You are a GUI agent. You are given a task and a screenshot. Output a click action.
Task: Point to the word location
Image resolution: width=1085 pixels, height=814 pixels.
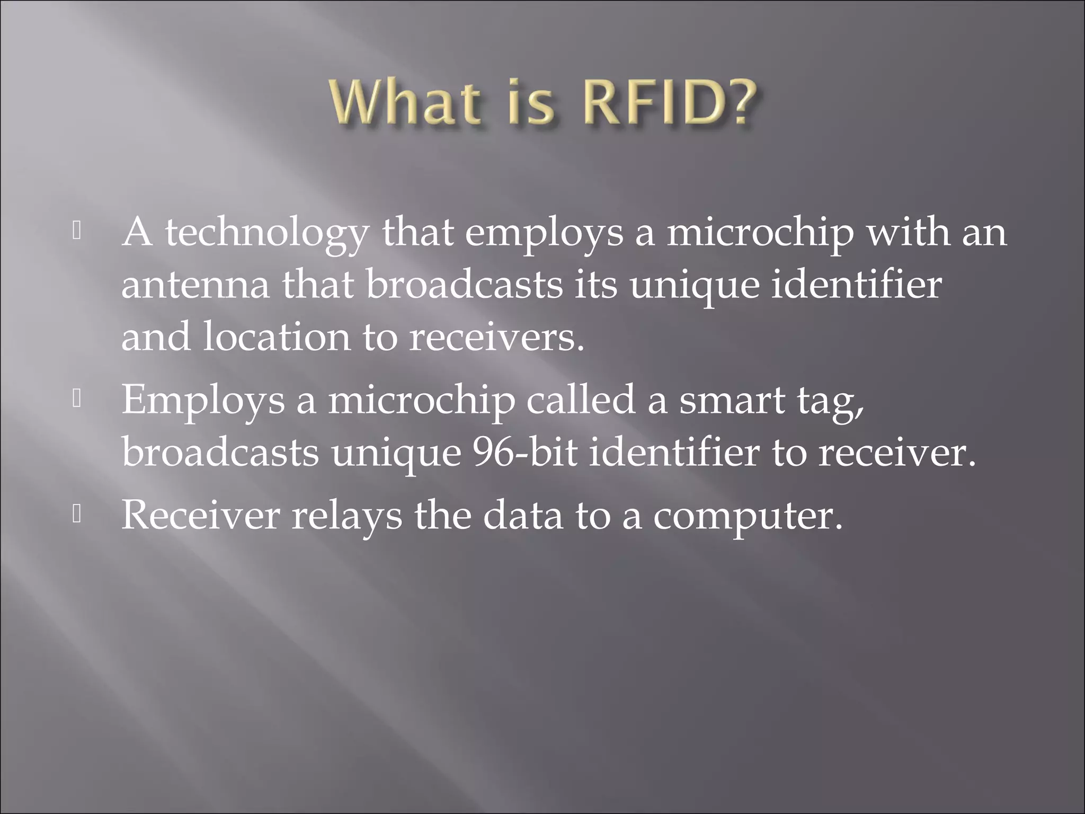click(276, 337)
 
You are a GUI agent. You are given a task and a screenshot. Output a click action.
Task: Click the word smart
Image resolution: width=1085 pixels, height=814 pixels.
click(732, 400)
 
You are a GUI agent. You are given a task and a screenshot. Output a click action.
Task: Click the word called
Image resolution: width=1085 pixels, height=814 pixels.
click(580, 400)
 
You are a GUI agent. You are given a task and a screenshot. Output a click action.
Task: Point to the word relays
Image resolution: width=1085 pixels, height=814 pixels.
click(346, 516)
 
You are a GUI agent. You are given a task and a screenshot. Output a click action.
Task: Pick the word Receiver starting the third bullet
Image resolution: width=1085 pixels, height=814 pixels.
click(200, 516)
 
